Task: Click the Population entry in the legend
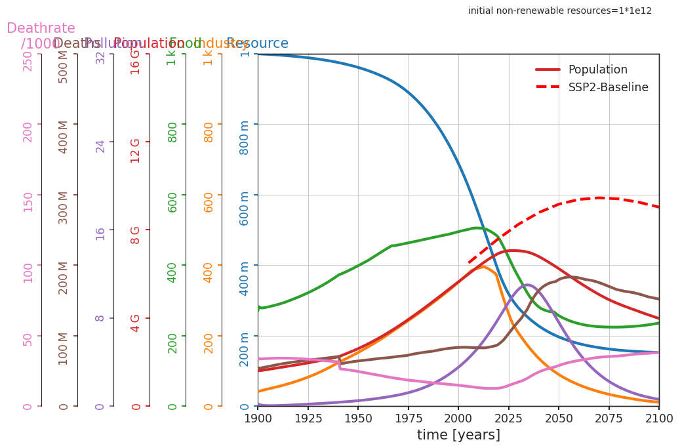click(597, 70)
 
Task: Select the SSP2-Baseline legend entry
click(608, 87)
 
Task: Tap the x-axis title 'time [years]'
click(458, 435)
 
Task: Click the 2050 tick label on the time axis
click(559, 418)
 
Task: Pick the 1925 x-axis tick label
click(308, 418)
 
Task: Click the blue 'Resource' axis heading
click(257, 44)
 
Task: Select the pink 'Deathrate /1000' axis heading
click(41, 36)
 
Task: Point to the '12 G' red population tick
click(136, 150)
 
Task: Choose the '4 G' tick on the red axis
click(136, 323)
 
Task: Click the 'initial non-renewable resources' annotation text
click(559, 10)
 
